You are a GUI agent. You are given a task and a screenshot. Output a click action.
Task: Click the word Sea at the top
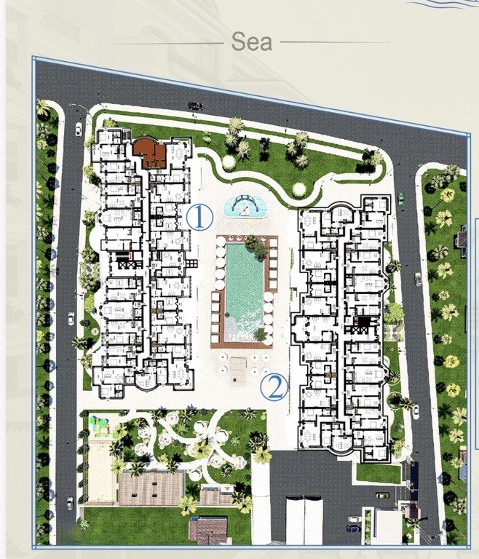[251, 41]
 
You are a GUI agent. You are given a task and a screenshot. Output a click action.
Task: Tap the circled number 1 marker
[199, 218]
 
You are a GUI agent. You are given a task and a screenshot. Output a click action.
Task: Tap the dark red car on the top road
[195, 106]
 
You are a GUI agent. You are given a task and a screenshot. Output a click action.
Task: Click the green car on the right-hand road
[401, 199]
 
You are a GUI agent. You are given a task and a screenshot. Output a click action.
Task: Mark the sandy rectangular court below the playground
[102, 472]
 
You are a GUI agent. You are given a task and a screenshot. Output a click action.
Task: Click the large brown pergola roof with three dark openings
[151, 488]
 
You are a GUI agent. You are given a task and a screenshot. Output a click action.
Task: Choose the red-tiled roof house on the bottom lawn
[208, 531]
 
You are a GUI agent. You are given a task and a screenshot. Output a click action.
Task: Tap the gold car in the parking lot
[382, 496]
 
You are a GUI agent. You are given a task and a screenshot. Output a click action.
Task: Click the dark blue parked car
[354, 528]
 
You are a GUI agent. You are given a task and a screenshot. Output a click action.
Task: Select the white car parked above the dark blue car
[355, 519]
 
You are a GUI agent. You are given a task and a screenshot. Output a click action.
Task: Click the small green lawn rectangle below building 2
[379, 474]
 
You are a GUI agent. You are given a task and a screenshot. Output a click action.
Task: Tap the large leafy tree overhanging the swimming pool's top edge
[257, 246]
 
